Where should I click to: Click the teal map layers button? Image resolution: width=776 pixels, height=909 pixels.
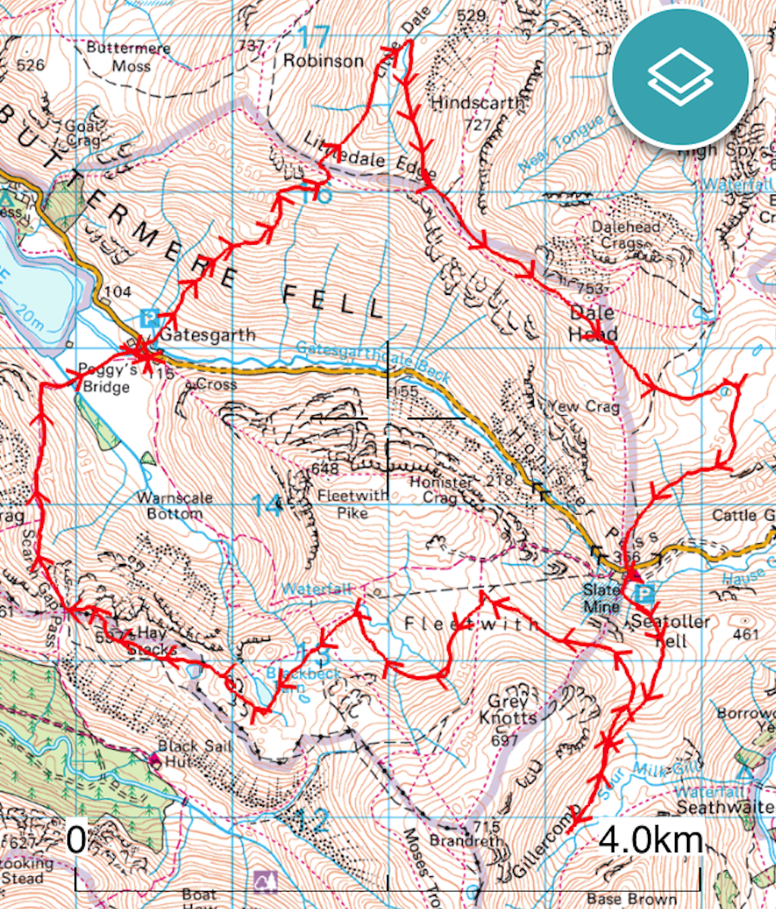point(680,77)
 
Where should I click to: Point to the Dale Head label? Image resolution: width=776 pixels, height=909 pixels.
point(593,323)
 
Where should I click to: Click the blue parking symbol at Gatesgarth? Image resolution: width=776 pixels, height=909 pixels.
point(149,317)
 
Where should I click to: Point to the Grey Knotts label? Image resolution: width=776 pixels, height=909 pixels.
point(513,709)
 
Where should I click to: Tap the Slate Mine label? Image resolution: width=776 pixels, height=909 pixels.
point(601,599)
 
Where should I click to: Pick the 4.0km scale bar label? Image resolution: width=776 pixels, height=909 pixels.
point(650,839)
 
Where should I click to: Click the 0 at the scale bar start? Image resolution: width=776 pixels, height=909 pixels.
point(76,839)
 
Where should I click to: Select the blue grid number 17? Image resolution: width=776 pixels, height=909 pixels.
point(316,37)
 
